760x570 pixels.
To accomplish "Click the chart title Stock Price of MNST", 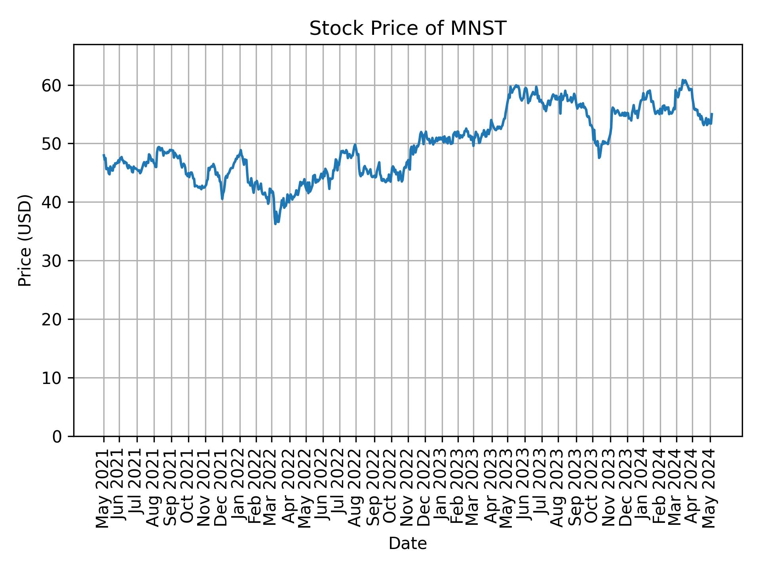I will [407, 28].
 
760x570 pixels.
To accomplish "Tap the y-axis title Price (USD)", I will [25, 240].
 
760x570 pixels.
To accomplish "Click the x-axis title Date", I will [407, 543].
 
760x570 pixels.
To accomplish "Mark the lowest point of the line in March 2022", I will [275, 224].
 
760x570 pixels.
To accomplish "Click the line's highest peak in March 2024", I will [682, 80].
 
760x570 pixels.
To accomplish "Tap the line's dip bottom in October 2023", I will [599, 158].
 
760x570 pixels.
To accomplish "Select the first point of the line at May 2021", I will [104, 155].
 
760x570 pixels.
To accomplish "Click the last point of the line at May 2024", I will [712, 114].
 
